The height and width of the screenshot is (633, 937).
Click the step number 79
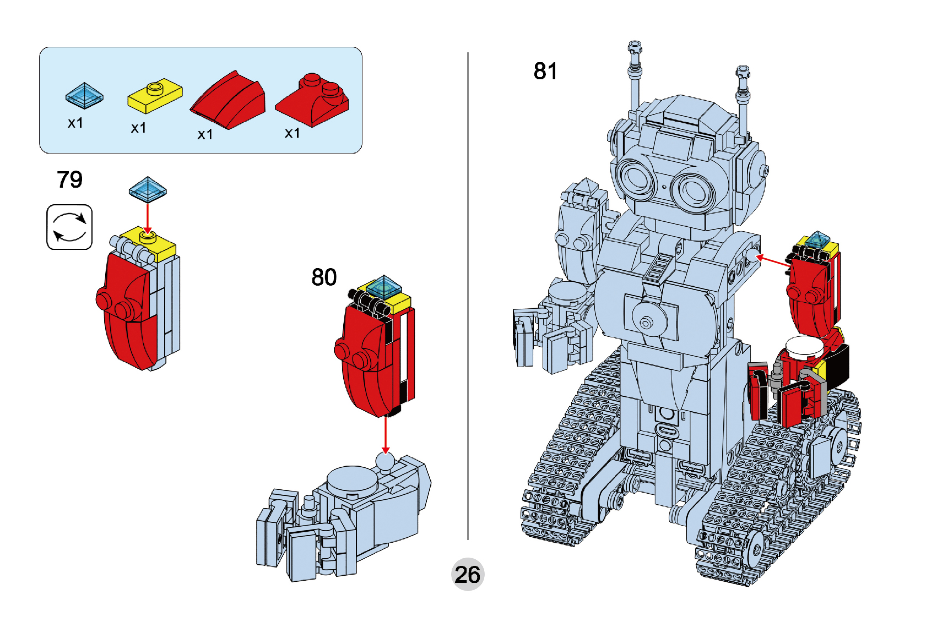tap(69, 179)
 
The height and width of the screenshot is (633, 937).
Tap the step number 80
tap(324, 277)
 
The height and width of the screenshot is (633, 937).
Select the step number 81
tap(545, 71)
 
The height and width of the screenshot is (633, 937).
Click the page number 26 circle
tap(468, 575)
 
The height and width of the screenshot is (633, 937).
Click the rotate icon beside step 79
tap(69, 227)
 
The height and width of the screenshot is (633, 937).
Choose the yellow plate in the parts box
tap(155, 95)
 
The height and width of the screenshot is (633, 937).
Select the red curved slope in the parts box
tap(229, 100)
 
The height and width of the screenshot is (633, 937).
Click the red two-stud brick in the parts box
tap(313, 99)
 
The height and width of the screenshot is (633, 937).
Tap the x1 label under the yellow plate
tap(139, 128)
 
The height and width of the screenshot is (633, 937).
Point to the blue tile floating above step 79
tap(148, 189)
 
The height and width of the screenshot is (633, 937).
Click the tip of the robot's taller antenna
tap(635, 45)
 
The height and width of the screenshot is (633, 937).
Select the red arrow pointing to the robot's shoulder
tap(774, 261)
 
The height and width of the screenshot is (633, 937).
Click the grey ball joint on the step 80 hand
tap(385, 461)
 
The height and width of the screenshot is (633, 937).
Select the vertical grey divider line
tap(468, 297)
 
